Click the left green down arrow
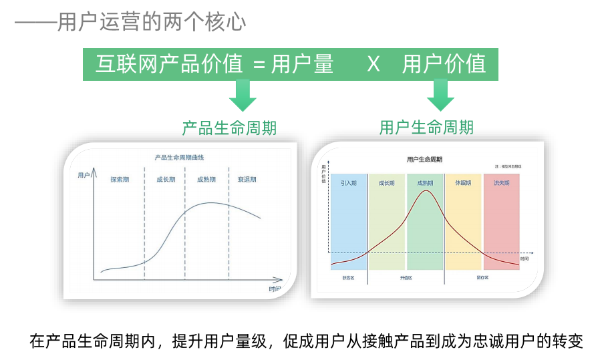(x=243, y=96)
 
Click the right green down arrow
(x=440, y=96)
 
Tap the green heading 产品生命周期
(x=229, y=128)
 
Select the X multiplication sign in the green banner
(x=373, y=64)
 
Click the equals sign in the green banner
(x=259, y=65)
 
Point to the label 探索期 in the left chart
(x=120, y=179)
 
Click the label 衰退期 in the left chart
(x=247, y=179)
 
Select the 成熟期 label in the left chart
(x=206, y=179)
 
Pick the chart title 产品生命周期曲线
(x=179, y=158)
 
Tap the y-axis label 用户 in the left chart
(x=84, y=175)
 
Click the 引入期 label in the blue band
(x=349, y=182)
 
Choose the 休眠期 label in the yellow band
(x=463, y=182)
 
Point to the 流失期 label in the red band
(x=501, y=182)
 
